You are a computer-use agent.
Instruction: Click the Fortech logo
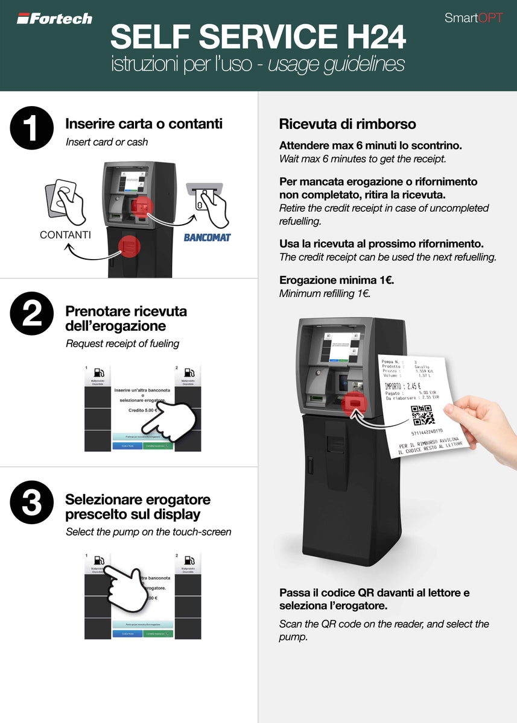[54, 19]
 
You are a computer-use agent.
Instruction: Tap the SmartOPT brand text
[473, 18]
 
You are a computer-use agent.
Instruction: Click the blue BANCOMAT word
[207, 237]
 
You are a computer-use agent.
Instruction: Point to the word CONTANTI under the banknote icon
[65, 235]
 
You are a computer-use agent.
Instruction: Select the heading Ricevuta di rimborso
[347, 124]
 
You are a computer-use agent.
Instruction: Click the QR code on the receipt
[422, 415]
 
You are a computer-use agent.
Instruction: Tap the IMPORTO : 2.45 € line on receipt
[402, 386]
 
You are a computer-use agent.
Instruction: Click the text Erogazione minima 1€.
[337, 280]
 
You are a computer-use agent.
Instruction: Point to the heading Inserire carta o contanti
[144, 124]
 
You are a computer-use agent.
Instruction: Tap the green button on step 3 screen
[158, 634]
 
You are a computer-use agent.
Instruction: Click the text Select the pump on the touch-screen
[148, 532]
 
